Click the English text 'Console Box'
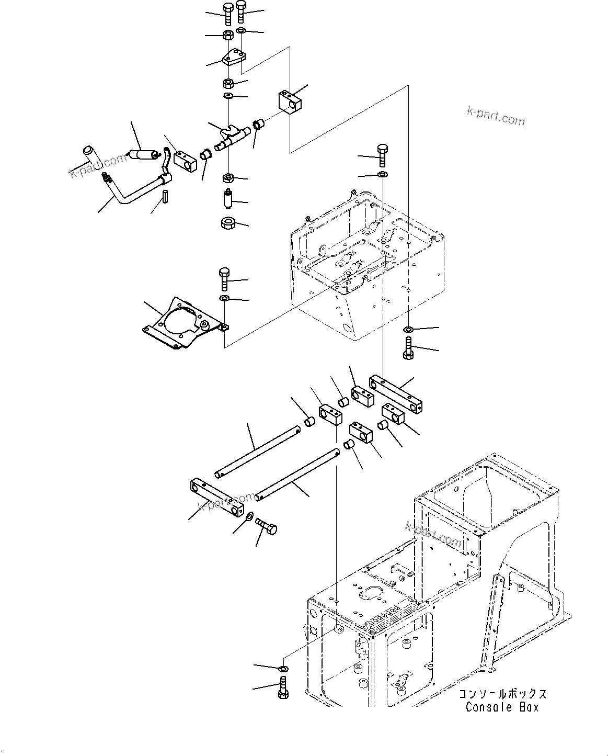click(x=502, y=707)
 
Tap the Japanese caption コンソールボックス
click(x=502, y=694)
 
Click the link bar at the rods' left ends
click(x=216, y=496)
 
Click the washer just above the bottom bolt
click(x=283, y=669)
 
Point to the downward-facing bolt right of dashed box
click(x=409, y=348)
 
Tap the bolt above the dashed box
click(x=382, y=154)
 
